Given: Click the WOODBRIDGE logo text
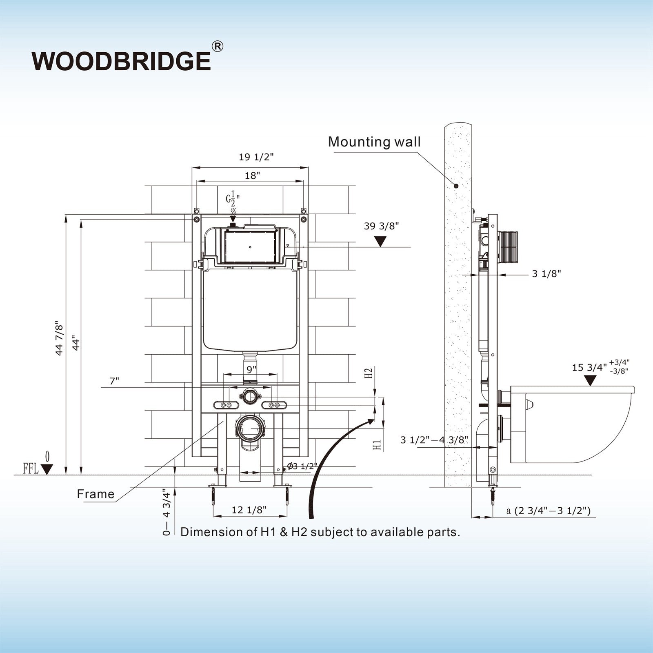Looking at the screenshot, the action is point(121,61).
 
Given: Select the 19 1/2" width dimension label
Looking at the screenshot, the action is point(256,157).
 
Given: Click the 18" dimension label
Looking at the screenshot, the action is point(253,175).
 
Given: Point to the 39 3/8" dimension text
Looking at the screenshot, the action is point(381,226).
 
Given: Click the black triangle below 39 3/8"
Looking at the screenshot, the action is point(381,242).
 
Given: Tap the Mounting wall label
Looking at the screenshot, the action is point(374,142).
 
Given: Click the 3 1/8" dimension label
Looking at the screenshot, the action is point(546,273).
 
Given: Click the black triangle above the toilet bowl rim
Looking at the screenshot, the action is point(590,381).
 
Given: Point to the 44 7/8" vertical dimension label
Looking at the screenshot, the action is point(60,338).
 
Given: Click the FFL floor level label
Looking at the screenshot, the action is point(31,469).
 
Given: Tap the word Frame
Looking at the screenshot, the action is point(96,494).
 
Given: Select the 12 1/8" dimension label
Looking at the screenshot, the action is point(249,510).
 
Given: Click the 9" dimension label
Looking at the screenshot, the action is point(251,369).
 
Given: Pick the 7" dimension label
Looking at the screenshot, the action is point(114,381).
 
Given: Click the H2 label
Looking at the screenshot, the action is point(369,373).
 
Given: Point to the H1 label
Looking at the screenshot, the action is point(378,445).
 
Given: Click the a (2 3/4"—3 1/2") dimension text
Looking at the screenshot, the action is point(548,511).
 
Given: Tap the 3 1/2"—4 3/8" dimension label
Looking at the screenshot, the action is point(434,440).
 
